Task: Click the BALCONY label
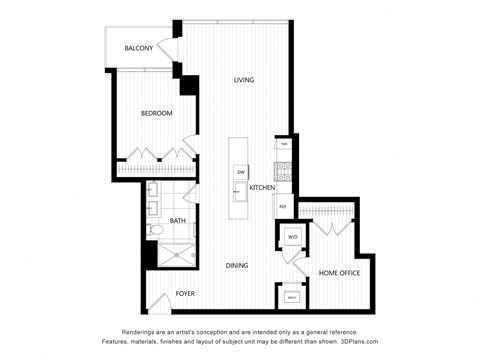139,48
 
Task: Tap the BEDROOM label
156,113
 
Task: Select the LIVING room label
243,80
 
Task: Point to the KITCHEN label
262,188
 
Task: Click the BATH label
177,220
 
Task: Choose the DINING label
236,265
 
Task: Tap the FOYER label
185,293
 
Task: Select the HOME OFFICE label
338,272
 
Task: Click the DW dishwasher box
241,173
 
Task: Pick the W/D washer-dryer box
293,237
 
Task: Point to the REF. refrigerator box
283,207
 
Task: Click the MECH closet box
292,297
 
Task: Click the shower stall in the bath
179,255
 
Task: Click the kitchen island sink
241,195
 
